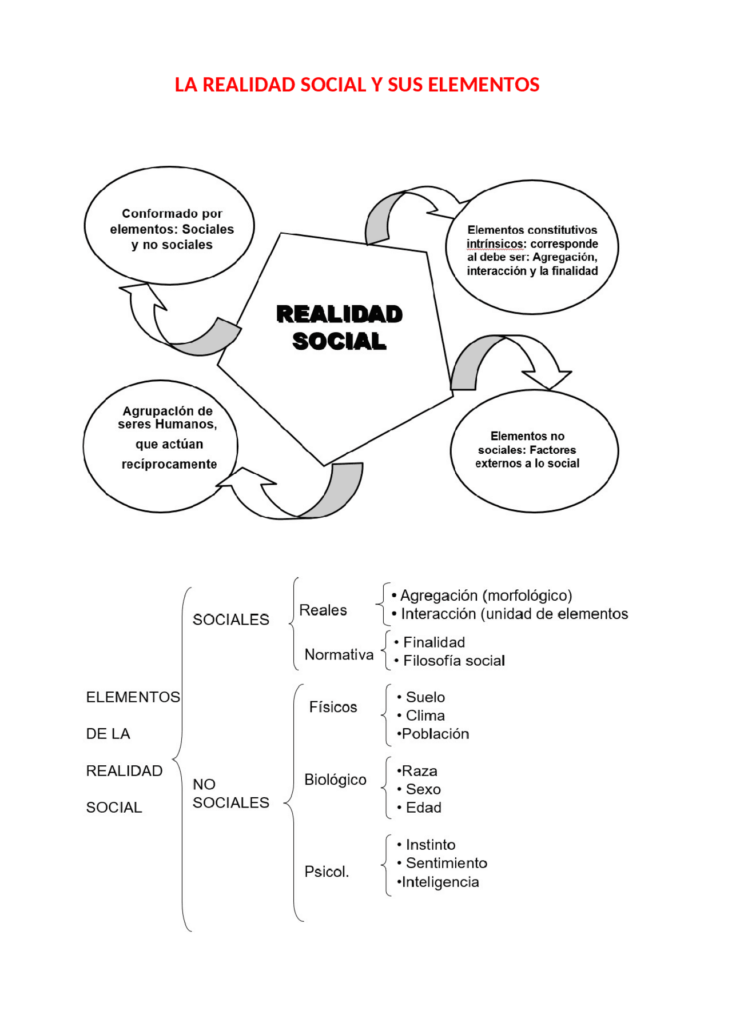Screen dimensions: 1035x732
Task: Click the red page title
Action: (357, 85)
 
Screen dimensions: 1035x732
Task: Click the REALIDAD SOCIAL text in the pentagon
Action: (339, 327)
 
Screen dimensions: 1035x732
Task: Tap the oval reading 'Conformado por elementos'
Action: (170, 226)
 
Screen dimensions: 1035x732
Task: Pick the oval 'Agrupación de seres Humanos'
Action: (161, 446)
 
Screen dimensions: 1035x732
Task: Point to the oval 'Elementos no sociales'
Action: (534, 451)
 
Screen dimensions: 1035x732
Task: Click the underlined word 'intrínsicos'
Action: (495, 244)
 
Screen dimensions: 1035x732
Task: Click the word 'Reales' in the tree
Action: (323, 610)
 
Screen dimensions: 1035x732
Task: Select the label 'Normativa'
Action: (339, 655)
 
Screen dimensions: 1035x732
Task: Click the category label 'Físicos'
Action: (333, 708)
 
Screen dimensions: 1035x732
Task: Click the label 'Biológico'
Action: (335, 780)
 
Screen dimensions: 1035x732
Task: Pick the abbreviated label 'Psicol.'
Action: (327, 872)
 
